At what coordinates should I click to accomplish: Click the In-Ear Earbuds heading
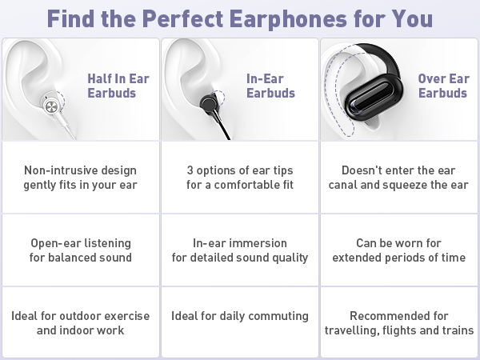click(x=270, y=86)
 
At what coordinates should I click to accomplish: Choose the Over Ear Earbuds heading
click(x=443, y=86)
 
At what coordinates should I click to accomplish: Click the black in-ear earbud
click(x=206, y=103)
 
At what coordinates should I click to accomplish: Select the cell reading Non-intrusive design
click(x=80, y=178)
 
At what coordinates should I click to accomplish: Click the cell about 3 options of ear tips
click(x=240, y=178)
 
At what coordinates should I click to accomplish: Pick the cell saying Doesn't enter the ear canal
click(x=398, y=178)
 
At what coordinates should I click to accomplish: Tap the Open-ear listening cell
click(x=80, y=250)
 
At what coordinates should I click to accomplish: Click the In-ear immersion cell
click(x=240, y=250)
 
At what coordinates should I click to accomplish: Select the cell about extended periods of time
click(x=398, y=250)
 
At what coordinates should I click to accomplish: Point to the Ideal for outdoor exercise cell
click(x=80, y=322)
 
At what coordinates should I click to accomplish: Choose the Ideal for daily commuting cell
click(x=240, y=316)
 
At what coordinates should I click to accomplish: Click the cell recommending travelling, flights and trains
click(x=398, y=322)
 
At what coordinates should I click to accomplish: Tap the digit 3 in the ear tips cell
click(x=190, y=170)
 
